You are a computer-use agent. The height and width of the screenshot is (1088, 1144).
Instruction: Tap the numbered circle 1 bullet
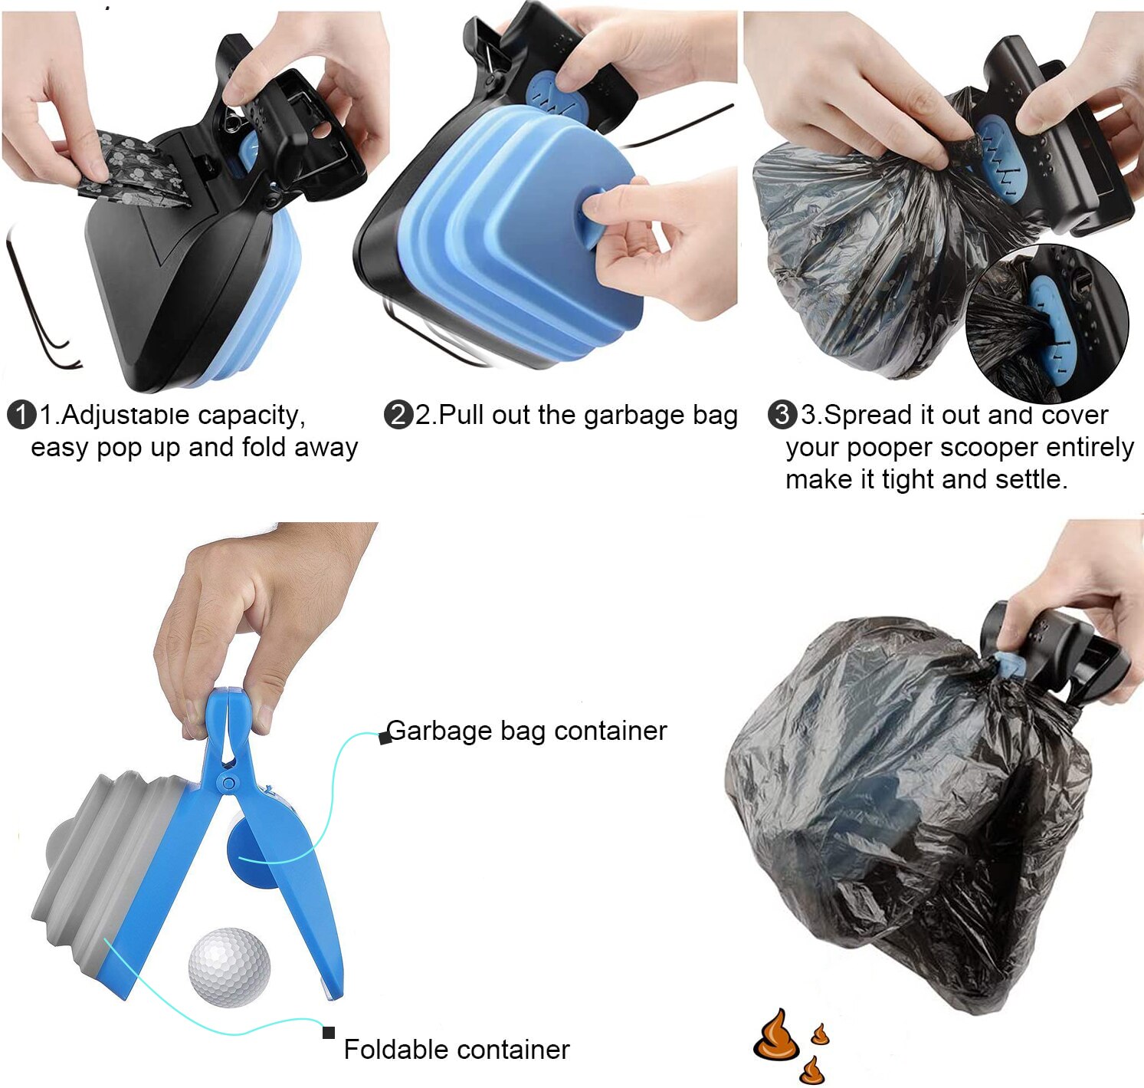pos(21,415)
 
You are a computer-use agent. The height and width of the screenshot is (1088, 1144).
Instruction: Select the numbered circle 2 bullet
pos(398,415)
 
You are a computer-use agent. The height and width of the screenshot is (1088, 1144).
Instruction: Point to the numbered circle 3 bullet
pos(782,415)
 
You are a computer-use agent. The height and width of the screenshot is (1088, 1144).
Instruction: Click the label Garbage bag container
pos(526,731)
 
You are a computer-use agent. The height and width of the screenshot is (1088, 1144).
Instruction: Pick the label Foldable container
pos(456,1049)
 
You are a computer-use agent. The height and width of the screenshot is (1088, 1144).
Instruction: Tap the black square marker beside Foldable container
pos(329,1033)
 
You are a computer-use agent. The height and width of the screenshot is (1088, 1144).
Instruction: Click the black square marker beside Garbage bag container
pos(385,738)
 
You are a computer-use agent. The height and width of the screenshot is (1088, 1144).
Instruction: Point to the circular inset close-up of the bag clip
pos(1047,323)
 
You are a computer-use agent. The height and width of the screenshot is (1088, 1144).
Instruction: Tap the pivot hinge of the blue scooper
pos(228,782)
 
